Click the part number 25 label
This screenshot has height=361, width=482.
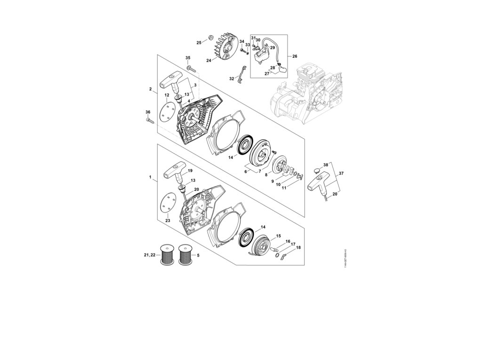click(x=199, y=43)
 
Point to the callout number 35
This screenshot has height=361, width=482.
click(x=188, y=58)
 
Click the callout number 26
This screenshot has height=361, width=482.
click(x=295, y=56)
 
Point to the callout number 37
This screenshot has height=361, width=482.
click(x=342, y=173)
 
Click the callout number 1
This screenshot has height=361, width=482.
click(x=150, y=177)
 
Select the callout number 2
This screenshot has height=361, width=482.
click(x=150, y=89)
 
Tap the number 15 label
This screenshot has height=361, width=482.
click(x=279, y=235)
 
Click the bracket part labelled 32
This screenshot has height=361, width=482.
click(x=242, y=76)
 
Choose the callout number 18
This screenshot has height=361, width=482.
click(x=298, y=247)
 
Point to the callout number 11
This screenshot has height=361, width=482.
click(x=284, y=188)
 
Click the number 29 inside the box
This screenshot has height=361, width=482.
click(x=272, y=48)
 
